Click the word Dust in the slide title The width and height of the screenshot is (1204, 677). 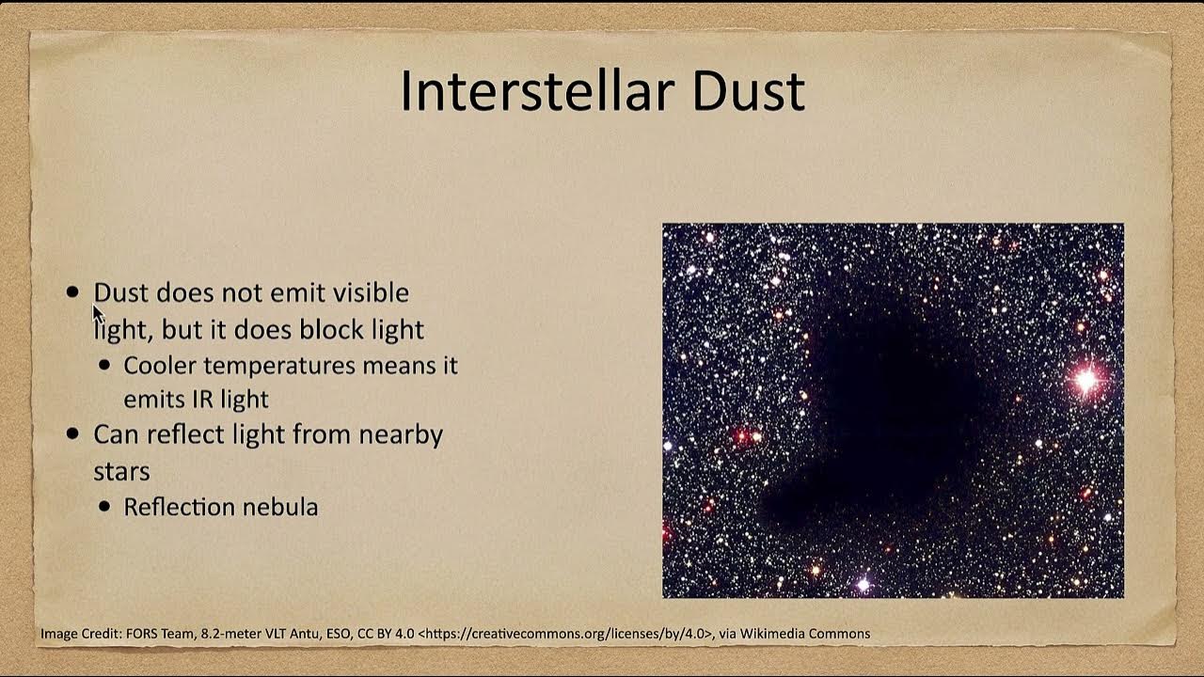tap(749, 91)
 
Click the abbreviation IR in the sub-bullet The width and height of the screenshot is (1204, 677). tap(204, 399)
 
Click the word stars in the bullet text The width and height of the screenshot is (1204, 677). tap(121, 470)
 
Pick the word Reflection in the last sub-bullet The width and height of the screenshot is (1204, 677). tap(180, 507)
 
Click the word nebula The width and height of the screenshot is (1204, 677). tap(280, 507)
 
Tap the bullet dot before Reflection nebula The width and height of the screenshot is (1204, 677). tap(104, 507)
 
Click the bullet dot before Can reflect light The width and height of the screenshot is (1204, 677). tap(73, 434)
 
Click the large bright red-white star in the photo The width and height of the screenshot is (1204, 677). tap(1086, 381)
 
